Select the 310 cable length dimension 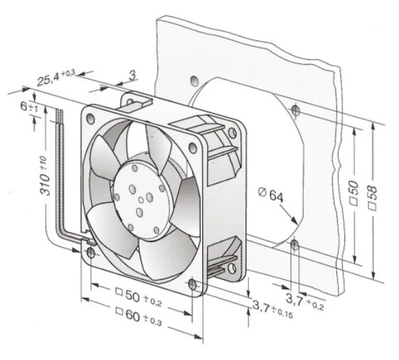point(45,176)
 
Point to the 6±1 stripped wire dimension point(29,107)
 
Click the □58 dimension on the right point(372,198)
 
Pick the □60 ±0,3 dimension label point(138,317)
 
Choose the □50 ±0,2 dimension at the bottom point(138,297)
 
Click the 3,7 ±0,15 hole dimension point(273,309)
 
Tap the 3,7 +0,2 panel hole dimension point(305,301)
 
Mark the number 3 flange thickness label point(133,75)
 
